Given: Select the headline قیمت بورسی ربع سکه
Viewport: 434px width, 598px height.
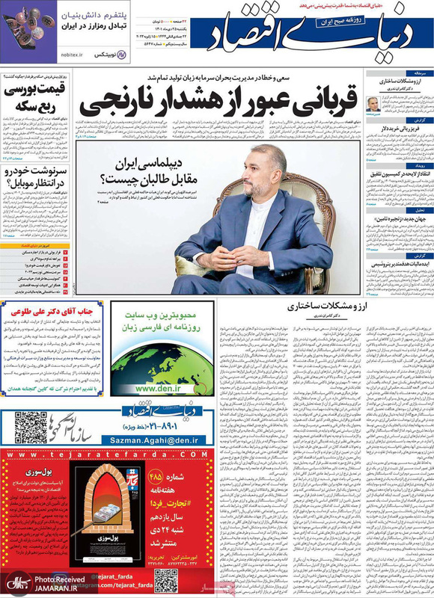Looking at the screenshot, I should tap(34, 96).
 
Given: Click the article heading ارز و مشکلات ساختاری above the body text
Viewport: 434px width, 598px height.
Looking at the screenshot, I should tap(324, 286).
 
